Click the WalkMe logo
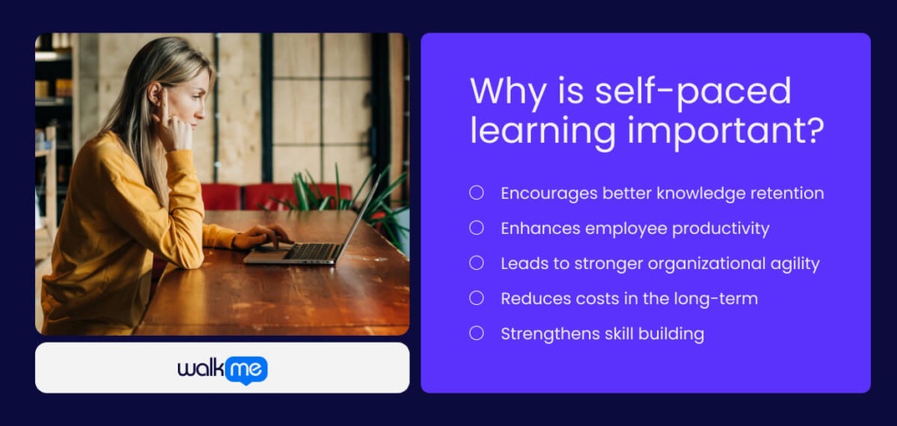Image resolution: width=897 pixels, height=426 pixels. tap(222, 369)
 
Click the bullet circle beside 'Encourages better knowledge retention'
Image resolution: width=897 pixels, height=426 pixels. tap(477, 193)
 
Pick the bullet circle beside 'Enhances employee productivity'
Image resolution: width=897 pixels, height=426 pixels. tap(477, 228)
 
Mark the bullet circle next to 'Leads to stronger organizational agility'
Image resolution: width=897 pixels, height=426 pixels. tap(477, 263)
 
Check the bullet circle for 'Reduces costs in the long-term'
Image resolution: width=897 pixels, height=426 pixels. tap(477, 298)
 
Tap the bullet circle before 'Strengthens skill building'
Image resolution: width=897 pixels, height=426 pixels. tap(477, 333)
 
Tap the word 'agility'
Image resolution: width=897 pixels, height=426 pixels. tap(794, 263)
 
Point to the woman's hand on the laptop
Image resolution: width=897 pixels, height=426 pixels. tap(263, 235)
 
